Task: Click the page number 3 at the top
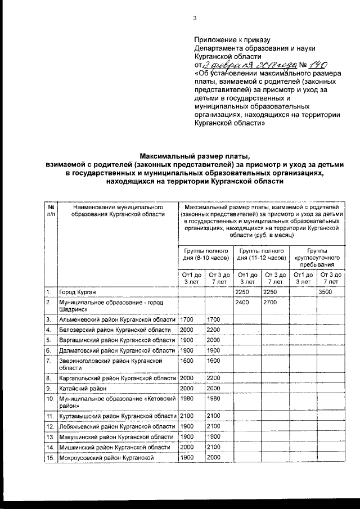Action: click(195, 18)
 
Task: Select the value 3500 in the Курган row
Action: click(326, 292)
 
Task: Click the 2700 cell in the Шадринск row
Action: click(271, 303)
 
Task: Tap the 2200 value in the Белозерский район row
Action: click(214, 330)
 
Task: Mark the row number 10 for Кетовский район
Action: click(50, 398)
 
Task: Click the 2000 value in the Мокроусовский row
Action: click(214, 457)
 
